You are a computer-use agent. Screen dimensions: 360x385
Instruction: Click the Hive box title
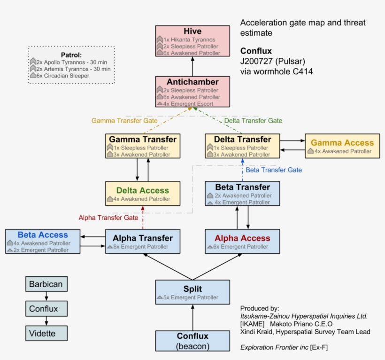[x=192, y=31]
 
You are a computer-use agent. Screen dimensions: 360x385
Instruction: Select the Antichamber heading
[x=192, y=82]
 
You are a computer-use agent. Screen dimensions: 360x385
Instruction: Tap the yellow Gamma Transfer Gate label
[x=124, y=121]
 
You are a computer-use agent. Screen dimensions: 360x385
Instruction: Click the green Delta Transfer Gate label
[x=253, y=121]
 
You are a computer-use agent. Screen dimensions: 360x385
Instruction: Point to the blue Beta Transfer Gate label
[x=274, y=170]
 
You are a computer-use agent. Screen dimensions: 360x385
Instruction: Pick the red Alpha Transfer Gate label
[x=108, y=218]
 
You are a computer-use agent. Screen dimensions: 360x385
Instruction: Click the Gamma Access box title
[x=342, y=142]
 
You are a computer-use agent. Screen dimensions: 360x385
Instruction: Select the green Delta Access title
[x=142, y=190]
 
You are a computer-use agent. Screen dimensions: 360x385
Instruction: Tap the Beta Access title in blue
[x=43, y=235]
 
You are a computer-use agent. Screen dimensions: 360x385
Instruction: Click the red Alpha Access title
[x=242, y=238]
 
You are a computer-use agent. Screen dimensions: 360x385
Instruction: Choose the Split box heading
[x=192, y=289]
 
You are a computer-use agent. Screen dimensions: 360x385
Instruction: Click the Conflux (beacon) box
[x=192, y=341]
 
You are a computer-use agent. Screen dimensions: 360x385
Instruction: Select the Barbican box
[x=46, y=284]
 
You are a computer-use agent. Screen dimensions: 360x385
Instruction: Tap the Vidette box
[x=46, y=334]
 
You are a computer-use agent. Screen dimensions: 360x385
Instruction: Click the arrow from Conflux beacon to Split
[x=192, y=317]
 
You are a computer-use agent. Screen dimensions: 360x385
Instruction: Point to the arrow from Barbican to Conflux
[x=46, y=297]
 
